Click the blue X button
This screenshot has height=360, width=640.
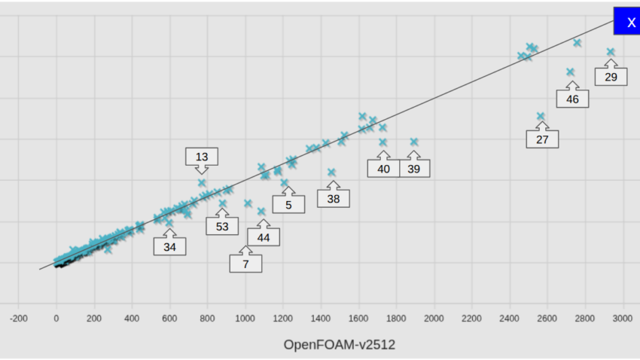click(630, 21)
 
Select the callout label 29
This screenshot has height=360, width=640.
click(611, 77)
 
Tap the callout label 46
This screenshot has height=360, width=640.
click(572, 99)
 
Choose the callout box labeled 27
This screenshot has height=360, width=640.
click(542, 139)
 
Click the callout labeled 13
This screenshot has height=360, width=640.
click(202, 157)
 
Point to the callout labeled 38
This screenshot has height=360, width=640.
click(334, 199)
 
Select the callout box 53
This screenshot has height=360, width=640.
click(222, 226)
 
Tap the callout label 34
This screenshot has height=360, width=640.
click(169, 246)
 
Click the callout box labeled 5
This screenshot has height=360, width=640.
click(288, 203)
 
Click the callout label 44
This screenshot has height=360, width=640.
click(264, 236)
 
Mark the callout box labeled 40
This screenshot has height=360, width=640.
click(383, 169)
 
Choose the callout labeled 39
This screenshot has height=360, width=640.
click(414, 169)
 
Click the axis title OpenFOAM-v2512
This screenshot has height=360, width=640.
click(340, 345)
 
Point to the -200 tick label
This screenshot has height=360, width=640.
click(19, 319)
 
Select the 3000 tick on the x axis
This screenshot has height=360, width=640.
click(623, 319)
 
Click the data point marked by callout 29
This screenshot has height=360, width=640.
click(611, 52)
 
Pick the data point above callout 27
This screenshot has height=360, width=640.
click(541, 116)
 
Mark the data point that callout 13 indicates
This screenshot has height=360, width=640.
click(202, 182)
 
